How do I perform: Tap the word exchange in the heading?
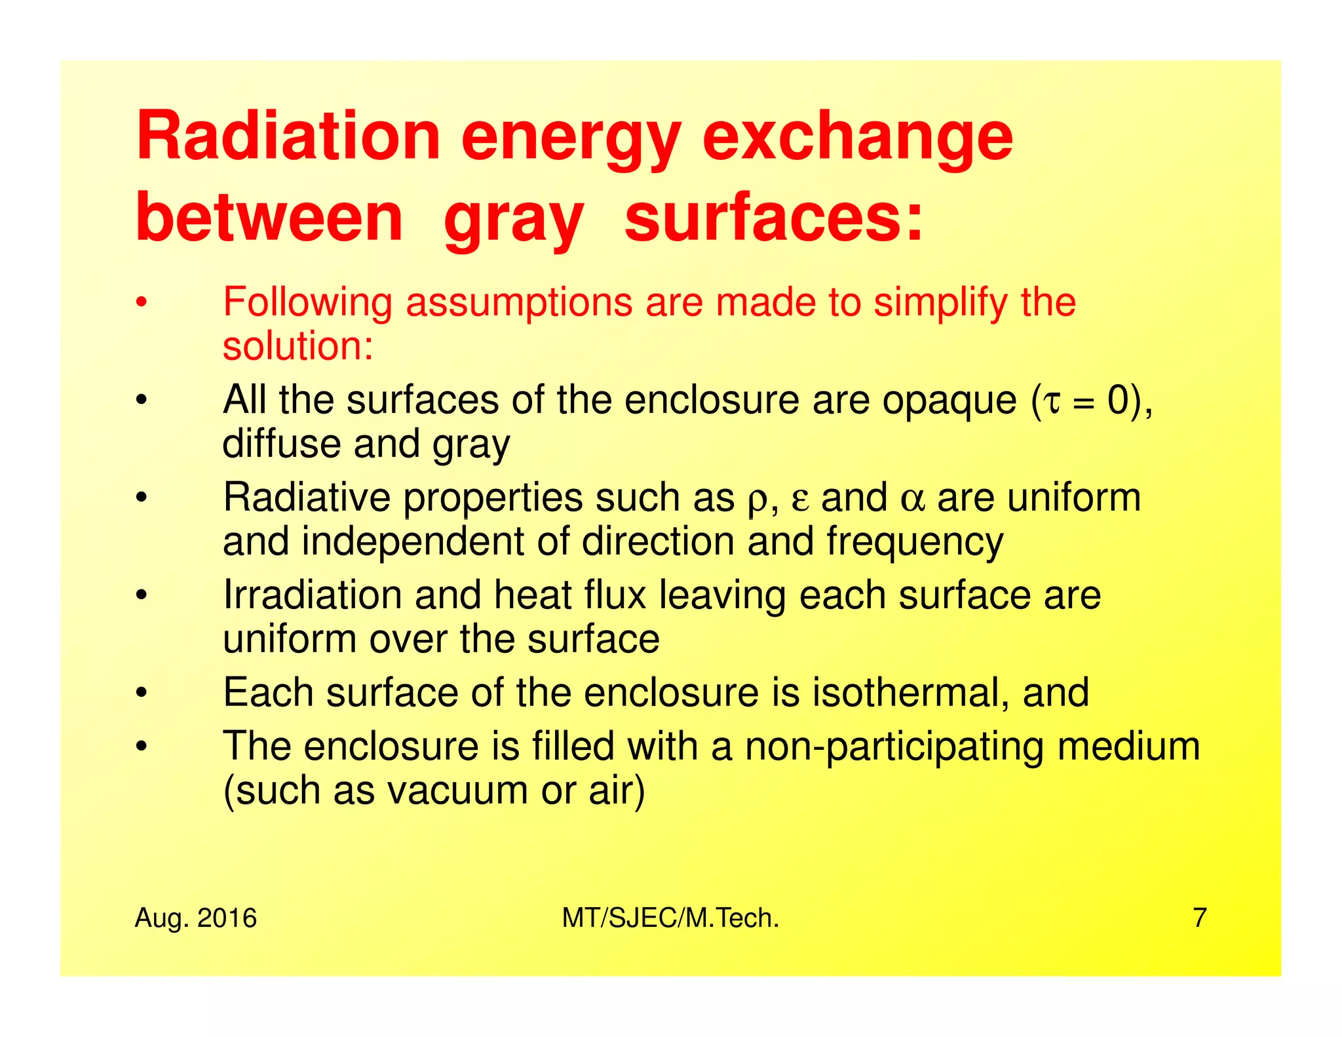coord(857,138)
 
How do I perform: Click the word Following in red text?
coord(307,302)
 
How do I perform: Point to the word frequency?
coord(915,542)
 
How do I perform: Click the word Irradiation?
coord(312,595)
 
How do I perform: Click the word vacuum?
coord(457,791)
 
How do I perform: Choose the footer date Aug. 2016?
coord(195,918)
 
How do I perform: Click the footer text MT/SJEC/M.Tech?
coord(670,918)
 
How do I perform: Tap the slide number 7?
coord(1199,918)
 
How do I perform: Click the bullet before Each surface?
coord(140,694)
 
